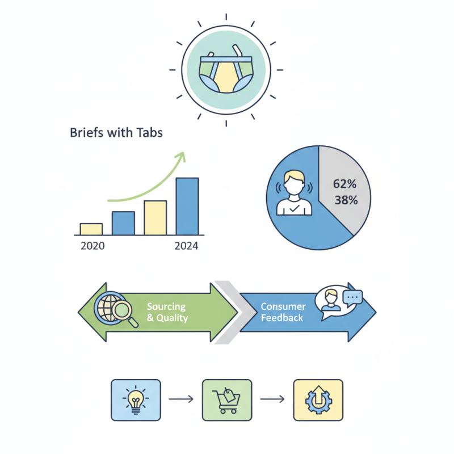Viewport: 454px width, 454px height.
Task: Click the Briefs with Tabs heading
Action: pyautogui.click(x=116, y=133)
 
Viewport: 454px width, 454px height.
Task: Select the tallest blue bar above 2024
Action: pyautogui.click(x=187, y=207)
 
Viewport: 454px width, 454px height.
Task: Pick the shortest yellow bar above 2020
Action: pyautogui.click(x=91, y=229)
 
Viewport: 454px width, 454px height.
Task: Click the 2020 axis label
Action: pyautogui.click(x=93, y=246)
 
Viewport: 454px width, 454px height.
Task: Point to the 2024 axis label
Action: pyautogui.click(x=187, y=246)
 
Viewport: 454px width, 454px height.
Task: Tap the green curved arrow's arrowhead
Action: pyautogui.click(x=180, y=157)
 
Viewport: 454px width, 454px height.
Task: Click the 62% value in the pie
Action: pyautogui.click(x=344, y=184)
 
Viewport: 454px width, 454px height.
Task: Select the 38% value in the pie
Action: pyautogui.click(x=346, y=200)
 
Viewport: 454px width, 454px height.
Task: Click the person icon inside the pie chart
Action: pyautogui.click(x=294, y=192)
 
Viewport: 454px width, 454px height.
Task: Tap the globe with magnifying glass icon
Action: pyautogui.click(x=115, y=309)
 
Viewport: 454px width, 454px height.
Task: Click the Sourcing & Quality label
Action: pyautogui.click(x=167, y=312)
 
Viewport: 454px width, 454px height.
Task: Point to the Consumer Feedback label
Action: pyautogui.click(x=283, y=312)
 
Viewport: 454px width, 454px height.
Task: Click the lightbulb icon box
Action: pyautogui.click(x=136, y=400)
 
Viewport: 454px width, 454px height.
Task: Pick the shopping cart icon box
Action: pyautogui.click(x=227, y=400)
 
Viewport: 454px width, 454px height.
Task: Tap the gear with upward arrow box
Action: pyautogui.click(x=318, y=400)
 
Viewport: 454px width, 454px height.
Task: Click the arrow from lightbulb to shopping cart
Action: pyautogui.click(x=181, y=400)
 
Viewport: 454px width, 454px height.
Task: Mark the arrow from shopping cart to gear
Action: pyautogui.click(x=272, y=400)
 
